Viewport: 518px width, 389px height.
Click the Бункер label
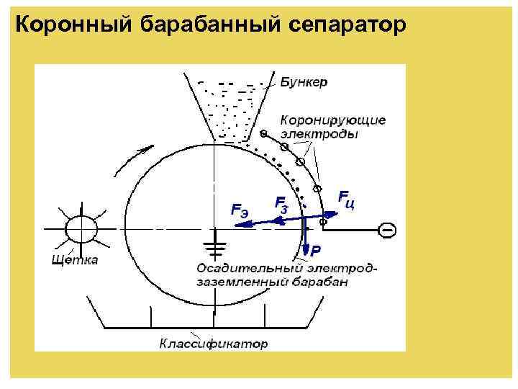(x=304, y=82)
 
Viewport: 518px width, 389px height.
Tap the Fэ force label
(x=239, y=210)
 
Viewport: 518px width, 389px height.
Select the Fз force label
(x=283, y=203)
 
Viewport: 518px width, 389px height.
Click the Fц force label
(x=347, y=199)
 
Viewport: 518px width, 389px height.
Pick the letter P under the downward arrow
(x=316, y=251)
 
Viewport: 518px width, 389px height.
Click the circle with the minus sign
(x=387, y=230)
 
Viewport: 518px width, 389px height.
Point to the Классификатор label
(x=214, y=344)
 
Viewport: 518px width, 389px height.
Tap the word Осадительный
(x=237, y=268)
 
